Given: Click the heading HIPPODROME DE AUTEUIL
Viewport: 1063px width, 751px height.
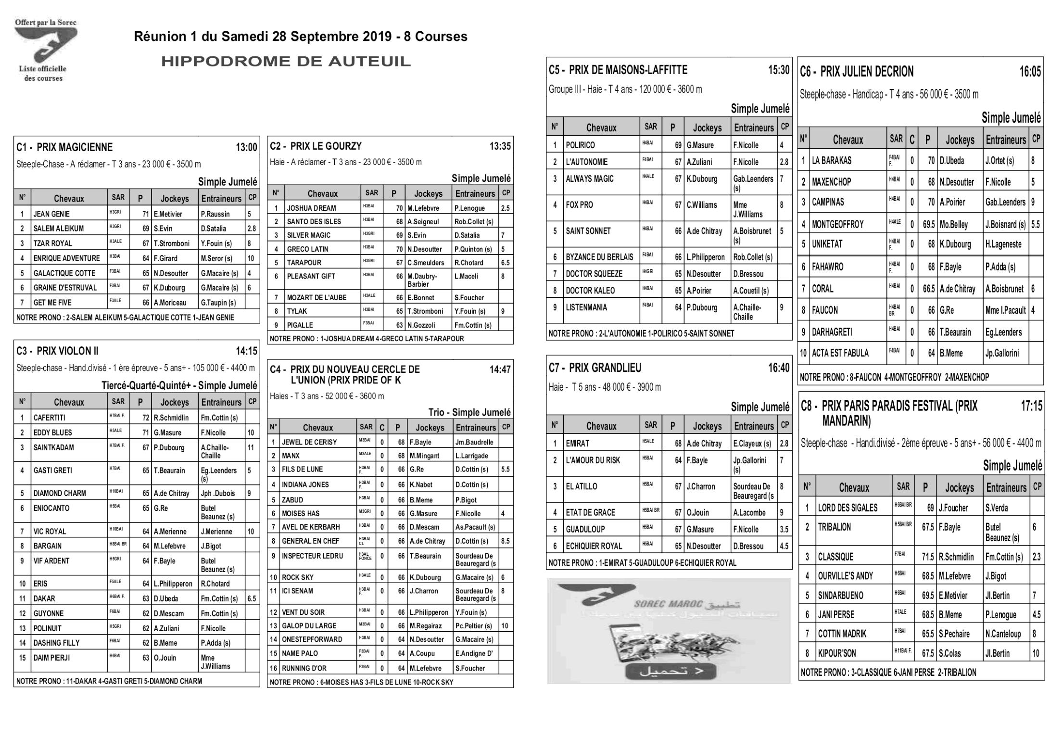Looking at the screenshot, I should point(286,62).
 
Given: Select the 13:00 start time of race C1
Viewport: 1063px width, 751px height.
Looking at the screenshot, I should point(246,148).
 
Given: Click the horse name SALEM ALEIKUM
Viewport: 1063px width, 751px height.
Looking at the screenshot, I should point(58,229).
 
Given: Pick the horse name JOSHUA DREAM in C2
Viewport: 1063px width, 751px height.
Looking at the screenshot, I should point(311,208).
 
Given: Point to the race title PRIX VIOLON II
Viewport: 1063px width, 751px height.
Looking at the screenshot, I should point(67,351).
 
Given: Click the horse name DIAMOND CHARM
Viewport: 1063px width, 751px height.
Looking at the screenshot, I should point(60,493).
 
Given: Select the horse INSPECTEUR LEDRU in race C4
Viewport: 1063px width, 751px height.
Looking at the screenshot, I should point(313,556).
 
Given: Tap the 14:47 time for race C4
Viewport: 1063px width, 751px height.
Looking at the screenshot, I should point(500,369).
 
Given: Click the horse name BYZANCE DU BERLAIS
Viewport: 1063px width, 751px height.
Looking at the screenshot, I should point(599,257).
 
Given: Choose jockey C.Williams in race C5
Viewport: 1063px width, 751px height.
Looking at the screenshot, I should point(702,205).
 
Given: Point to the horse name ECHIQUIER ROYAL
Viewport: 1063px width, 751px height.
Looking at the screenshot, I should point(594,546).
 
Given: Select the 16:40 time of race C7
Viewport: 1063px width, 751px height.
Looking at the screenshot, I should point(778,368).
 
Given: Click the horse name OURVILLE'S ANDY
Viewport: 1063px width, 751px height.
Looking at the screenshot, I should point(845,576).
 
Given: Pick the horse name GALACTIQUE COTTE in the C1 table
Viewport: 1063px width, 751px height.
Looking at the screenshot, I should point(64,273).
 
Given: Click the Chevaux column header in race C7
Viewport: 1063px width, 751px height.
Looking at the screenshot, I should point(601,426).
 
